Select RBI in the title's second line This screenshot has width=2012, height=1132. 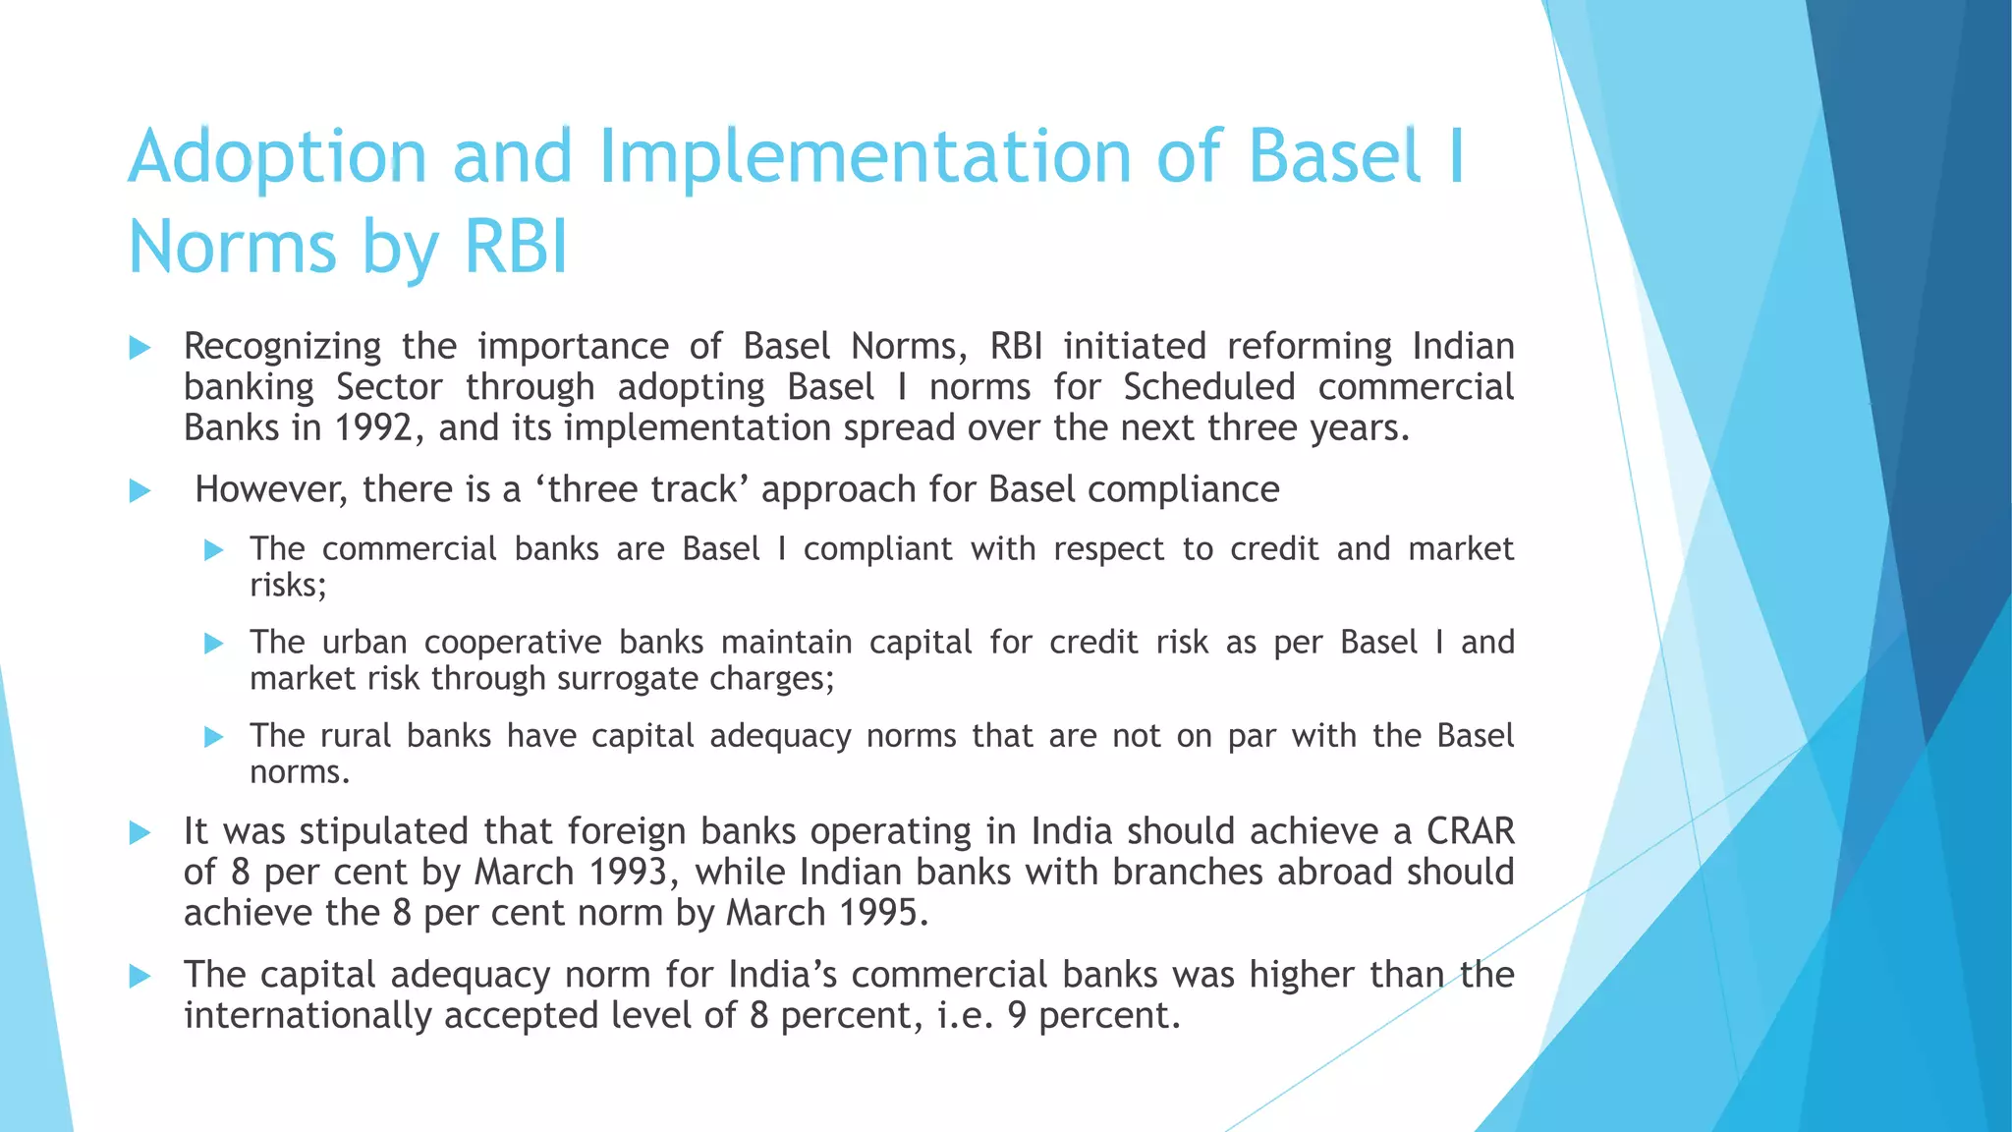(516, 247)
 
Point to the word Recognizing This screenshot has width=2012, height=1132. (283, 347)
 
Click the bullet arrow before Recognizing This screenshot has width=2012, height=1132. (140, 347)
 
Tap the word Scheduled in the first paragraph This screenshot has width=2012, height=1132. (1209, 387)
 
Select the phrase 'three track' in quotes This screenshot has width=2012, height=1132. (643, 489)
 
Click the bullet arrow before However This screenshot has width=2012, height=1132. (140, 490)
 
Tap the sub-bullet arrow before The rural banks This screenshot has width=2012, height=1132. (214, 737)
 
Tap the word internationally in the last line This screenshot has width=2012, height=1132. (307, 1015)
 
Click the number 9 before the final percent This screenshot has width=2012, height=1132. (1018, 1015)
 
